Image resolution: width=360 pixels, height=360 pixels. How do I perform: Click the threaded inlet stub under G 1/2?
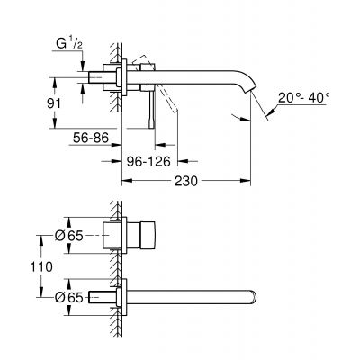coord(90,70)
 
